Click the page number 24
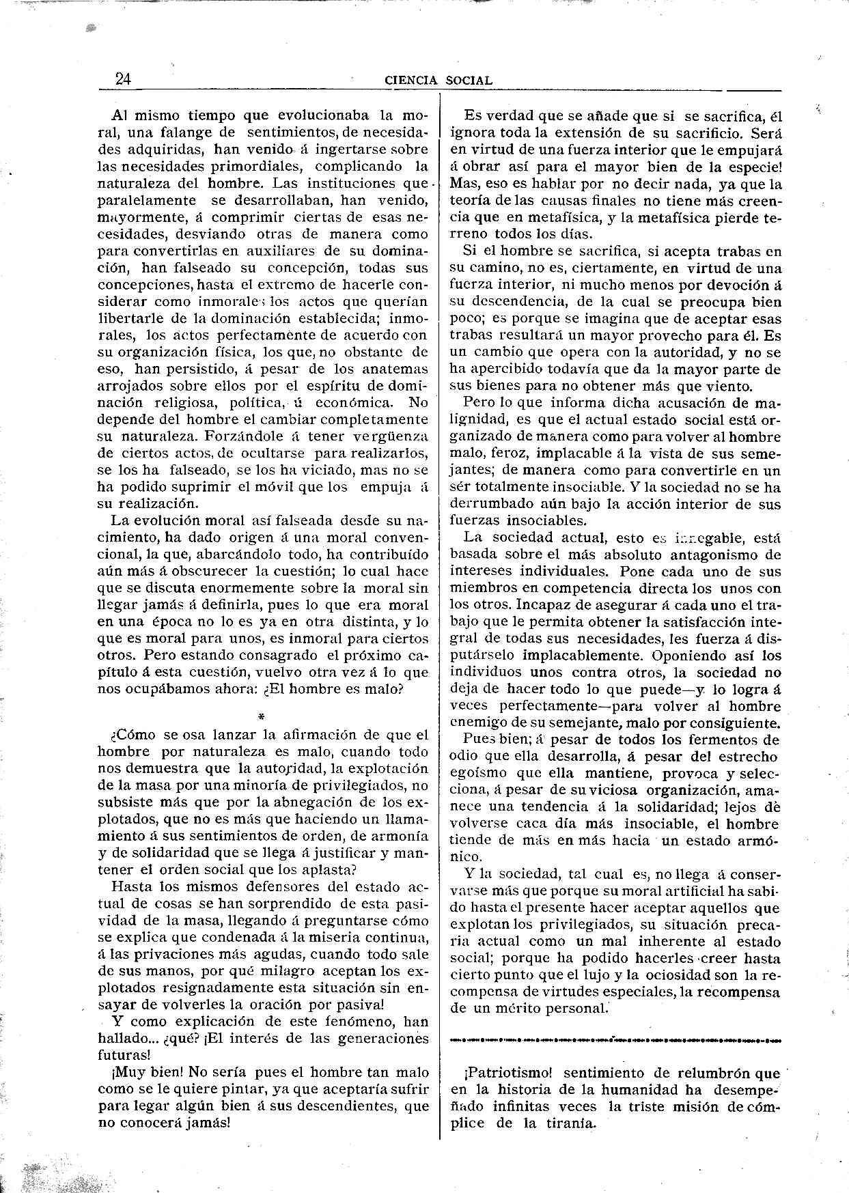(124, 79)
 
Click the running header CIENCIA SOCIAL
(439, 80)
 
